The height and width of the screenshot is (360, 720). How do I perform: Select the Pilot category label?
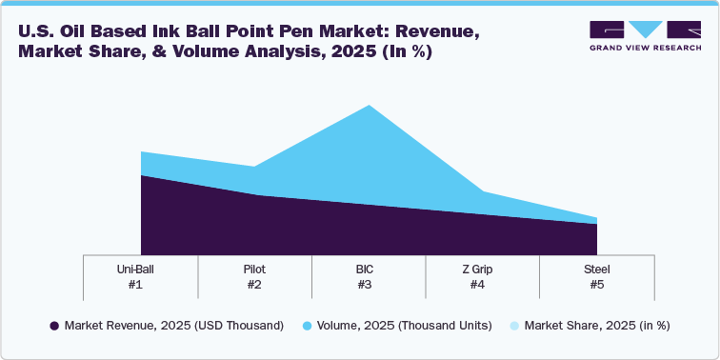tap(254, 269)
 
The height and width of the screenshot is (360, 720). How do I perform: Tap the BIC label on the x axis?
tap(369, 269)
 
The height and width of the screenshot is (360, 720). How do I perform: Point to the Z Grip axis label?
tap(483, 269)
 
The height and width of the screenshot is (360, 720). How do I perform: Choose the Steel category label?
tap(597, 269)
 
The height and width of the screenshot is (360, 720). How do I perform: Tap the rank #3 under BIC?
tap(369, 284)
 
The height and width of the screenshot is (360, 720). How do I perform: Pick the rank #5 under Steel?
tap(597, 284)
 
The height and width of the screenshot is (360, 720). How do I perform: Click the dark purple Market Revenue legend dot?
tap(54, 326)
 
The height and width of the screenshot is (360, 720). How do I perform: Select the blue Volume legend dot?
tap(308, 326)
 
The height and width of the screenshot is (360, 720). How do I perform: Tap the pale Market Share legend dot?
tap(514, 326)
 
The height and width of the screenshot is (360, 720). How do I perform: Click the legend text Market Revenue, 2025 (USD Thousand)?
tap(173, 326)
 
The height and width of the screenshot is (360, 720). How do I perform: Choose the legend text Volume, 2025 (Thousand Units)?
tap(407, 326)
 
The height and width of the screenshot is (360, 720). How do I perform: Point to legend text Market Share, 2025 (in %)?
tap(597, 326)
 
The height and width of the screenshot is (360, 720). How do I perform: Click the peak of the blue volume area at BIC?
tap(369, 106)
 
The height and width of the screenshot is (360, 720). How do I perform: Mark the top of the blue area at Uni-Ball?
tap(141, 152)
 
